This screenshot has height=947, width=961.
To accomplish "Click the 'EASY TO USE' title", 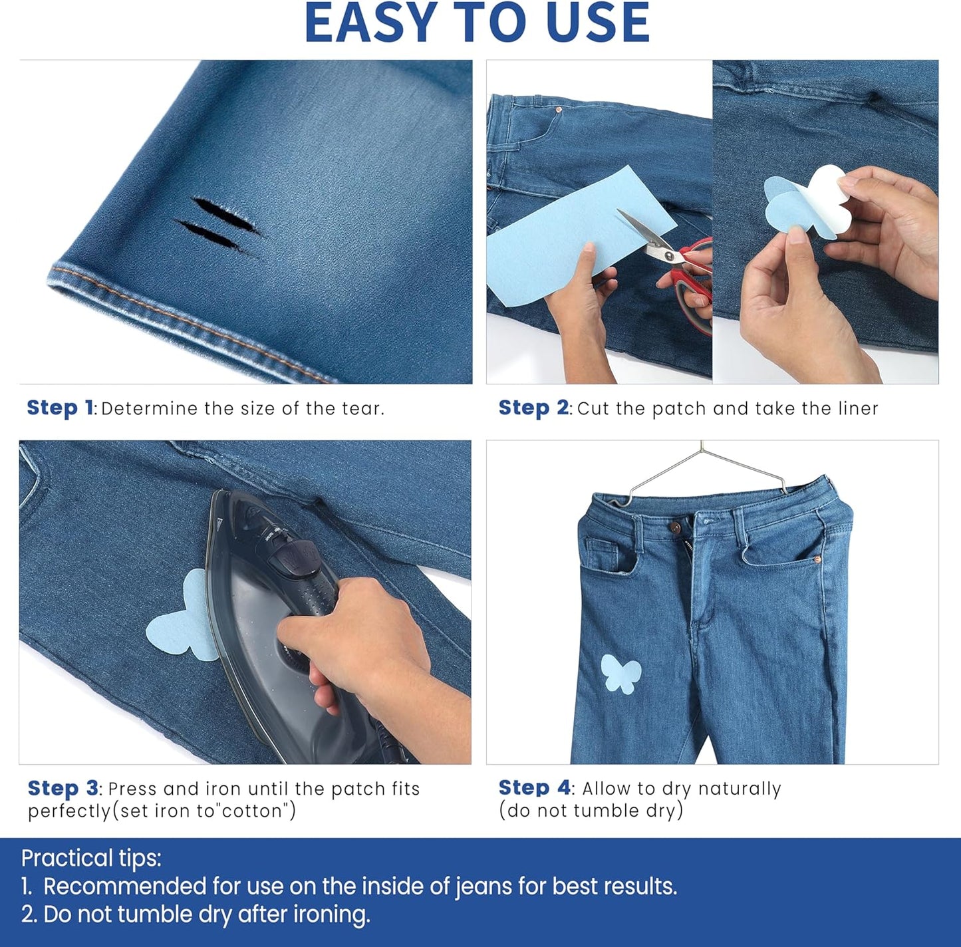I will point(477,23).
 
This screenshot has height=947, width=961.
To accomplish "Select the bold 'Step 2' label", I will point(533,408).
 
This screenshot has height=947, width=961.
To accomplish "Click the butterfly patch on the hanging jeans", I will point(620,674).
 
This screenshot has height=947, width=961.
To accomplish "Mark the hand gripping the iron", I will point(362,638).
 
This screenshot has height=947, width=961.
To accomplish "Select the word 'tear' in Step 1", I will point(360,408).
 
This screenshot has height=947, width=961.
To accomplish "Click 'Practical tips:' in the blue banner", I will point(91,858).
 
